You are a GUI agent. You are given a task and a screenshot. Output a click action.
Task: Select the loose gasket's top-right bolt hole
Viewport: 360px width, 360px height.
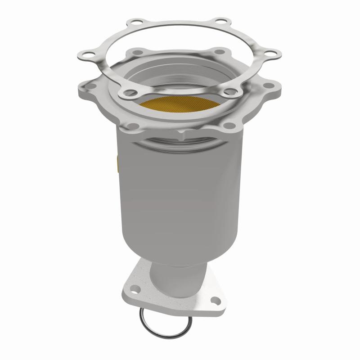coord(219,21)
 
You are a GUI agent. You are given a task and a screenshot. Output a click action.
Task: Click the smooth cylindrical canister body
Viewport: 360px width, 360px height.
coord(180,189)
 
